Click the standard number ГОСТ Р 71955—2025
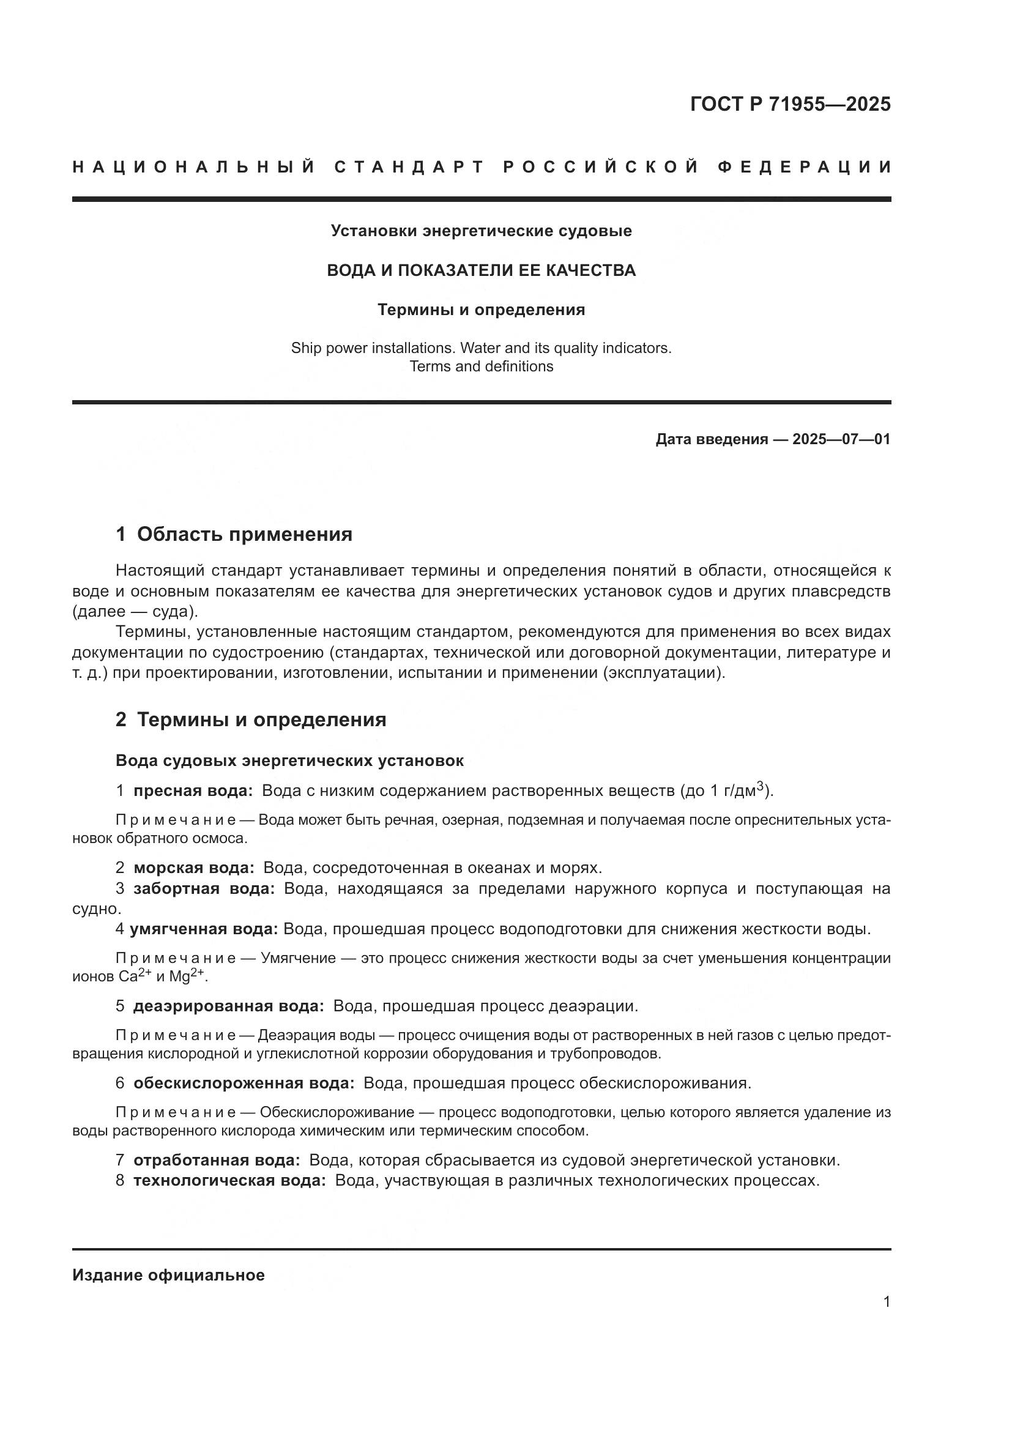(x=789, y=104)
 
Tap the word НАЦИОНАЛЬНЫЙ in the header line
(x=194, y=167)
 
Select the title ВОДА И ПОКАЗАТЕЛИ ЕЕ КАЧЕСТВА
(x=481, y=270)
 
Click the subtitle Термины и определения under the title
(x=481, y=310)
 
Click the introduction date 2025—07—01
(x=841, y=439)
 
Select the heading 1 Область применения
(x=234, y=534)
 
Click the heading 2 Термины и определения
(x=250, y=719)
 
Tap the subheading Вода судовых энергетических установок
(x=289, y=760)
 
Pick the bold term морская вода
(x=194, y=868)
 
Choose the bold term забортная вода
(x=204, y=888)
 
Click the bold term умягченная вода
(x=204, y=929)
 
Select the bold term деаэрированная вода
(x=229, y=1006)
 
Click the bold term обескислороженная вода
(x=244, y=1083)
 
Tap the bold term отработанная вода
(x=217, y=1160)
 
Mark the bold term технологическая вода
(x=229, y=1180)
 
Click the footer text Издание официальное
(x=168, y=1275)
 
